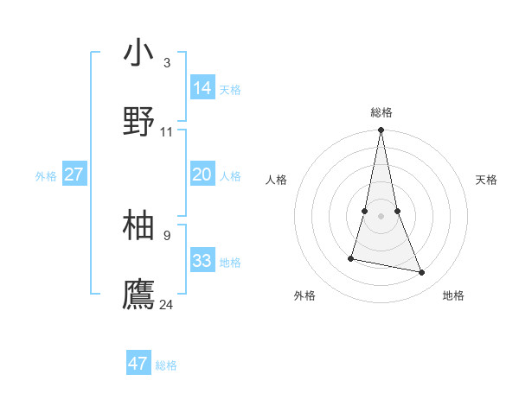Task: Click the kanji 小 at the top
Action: [139, 53]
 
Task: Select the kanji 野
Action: [139, 122]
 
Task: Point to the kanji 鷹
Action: [139, 294]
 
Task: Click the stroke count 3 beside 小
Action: [167, 62]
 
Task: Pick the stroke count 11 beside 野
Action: [167, 131]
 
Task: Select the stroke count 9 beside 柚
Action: [167, 234]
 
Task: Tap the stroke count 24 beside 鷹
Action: [167, 303]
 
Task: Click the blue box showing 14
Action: [202, 88]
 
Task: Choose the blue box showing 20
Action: [202, 174]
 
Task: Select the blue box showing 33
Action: [202, 261]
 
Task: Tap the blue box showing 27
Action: [74, 174]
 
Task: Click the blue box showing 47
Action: [138, 364]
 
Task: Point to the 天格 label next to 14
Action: [230, 90]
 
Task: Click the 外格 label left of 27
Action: [46, 176]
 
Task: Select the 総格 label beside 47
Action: [166, 365]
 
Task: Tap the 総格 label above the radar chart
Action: [381, 112]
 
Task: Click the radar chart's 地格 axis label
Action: [453, 295]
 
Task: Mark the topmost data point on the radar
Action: [381, 130]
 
